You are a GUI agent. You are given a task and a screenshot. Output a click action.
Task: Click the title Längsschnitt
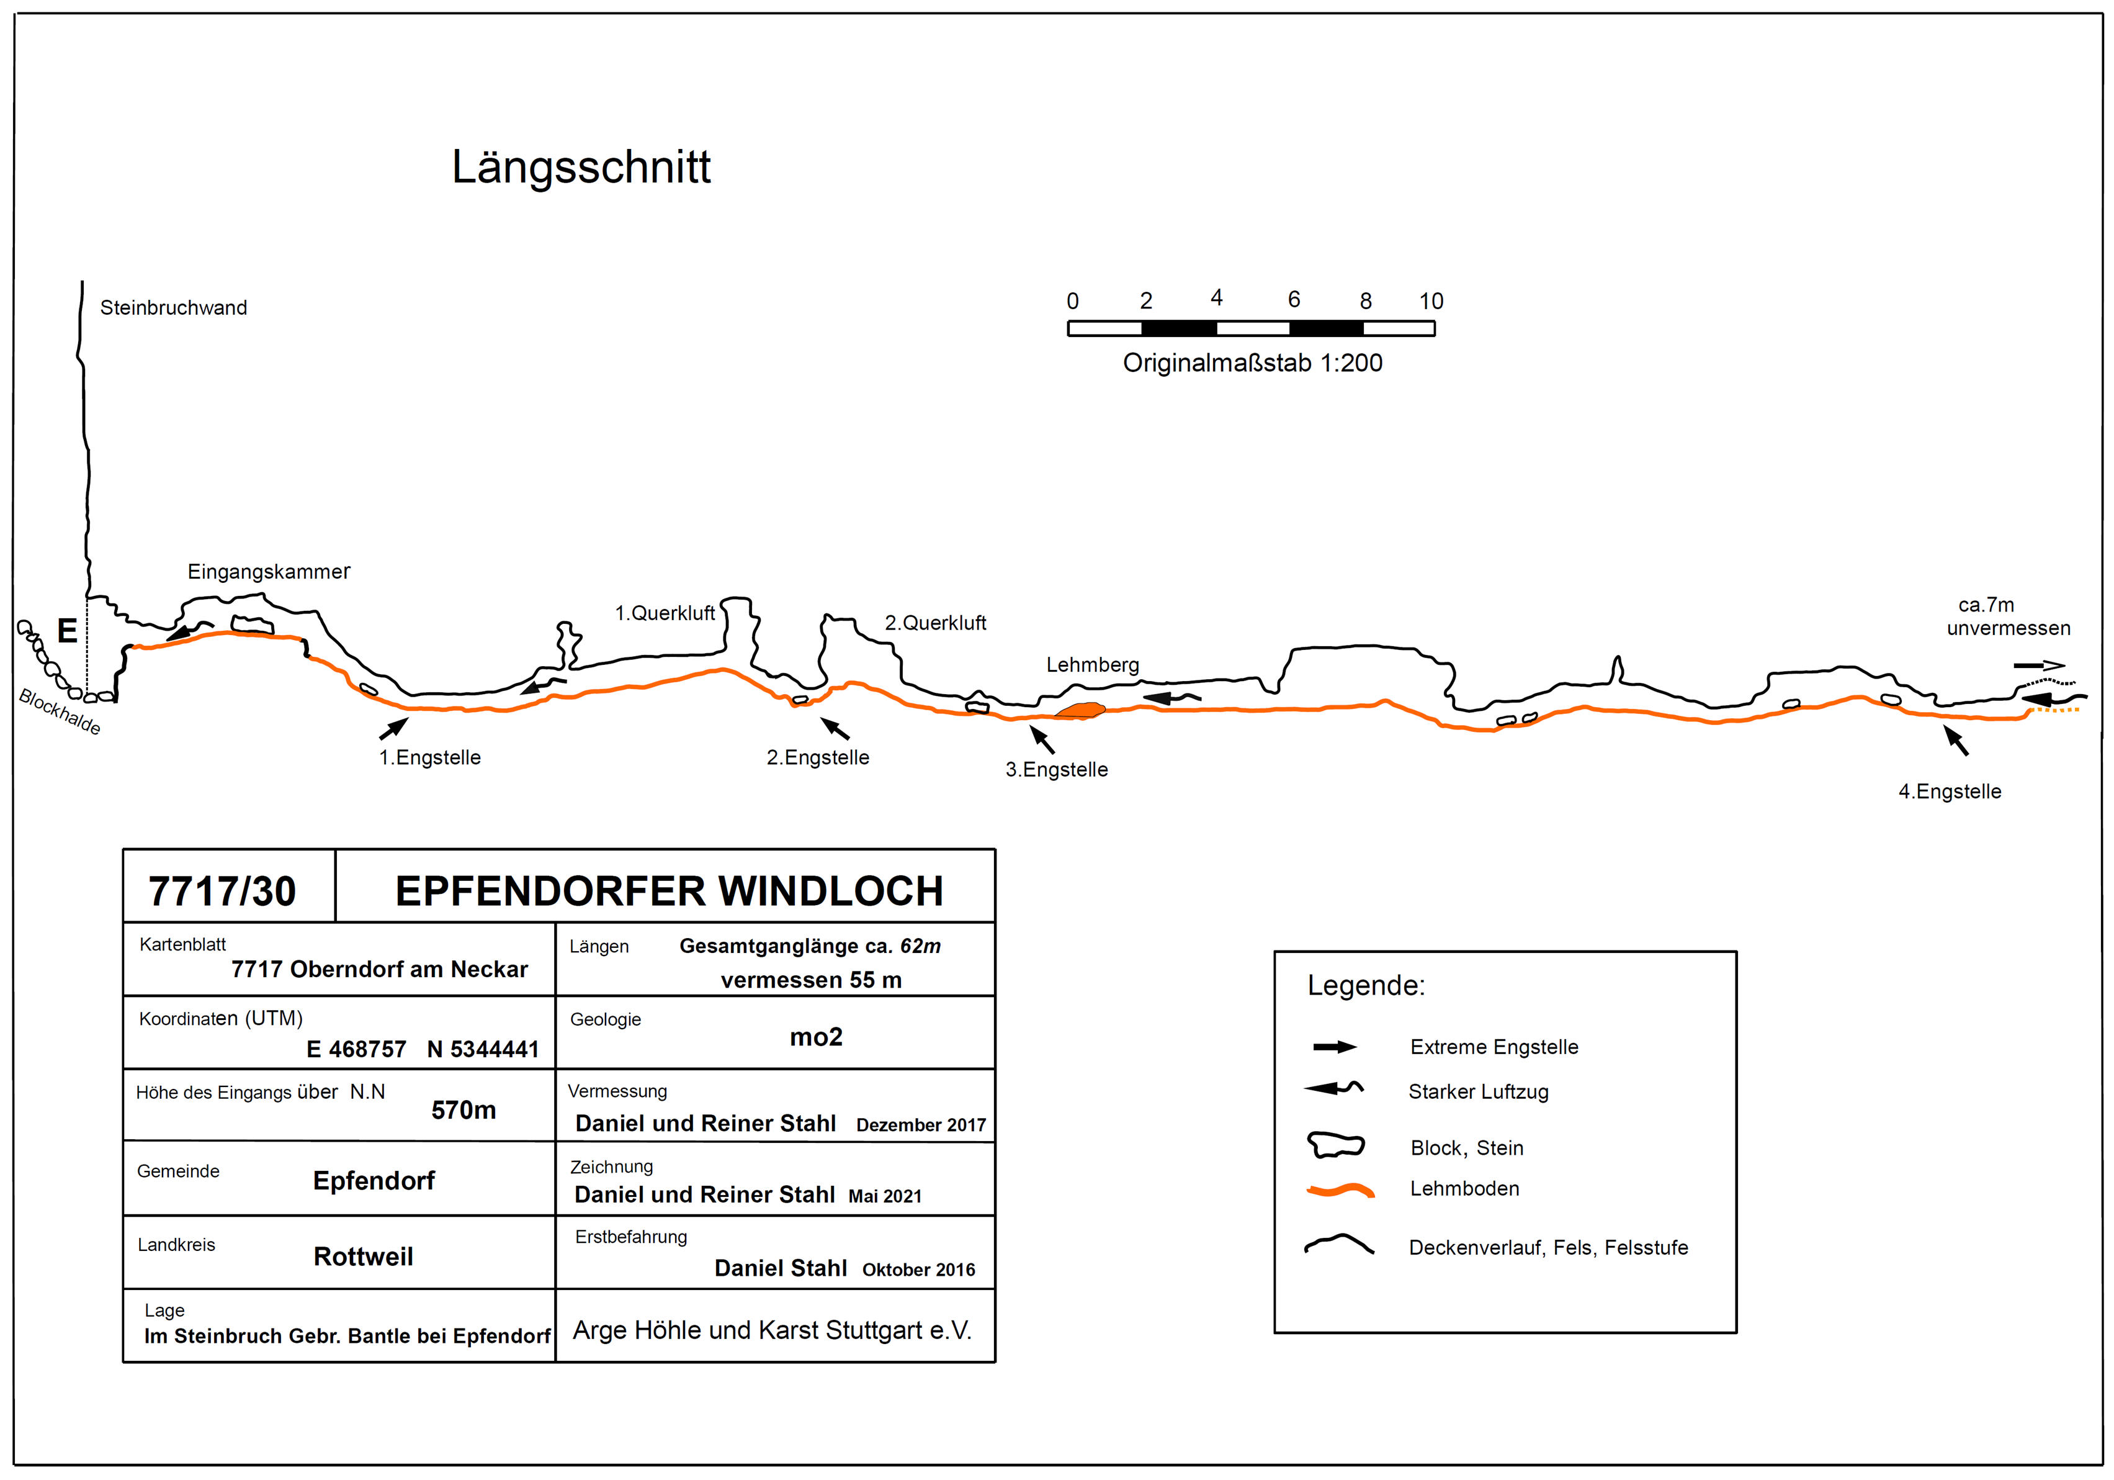click(581, 168)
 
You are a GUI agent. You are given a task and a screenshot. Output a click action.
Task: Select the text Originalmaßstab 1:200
click(1252, 363)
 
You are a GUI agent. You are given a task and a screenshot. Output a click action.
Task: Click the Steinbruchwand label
click(173, 307)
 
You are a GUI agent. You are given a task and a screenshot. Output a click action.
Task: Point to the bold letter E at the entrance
click(67, 631)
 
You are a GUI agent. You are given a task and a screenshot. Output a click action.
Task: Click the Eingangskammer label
click(269, 572)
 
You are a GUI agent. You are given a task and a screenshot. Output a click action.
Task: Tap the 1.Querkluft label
click(665, 613)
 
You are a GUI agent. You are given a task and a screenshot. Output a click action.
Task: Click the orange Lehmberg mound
click(1080, 710)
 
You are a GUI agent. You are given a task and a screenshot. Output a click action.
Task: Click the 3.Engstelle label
click(1056, 770)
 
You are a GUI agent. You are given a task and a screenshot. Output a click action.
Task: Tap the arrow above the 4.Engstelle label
click(1956, 741)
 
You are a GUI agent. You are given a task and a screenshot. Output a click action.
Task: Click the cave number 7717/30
click(222, 891)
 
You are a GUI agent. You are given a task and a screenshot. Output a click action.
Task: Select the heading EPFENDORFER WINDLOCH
click(670, 891)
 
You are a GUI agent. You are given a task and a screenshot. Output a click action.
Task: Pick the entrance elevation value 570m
click(463, 1111)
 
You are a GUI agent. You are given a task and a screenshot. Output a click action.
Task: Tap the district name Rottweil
click(363, 1257)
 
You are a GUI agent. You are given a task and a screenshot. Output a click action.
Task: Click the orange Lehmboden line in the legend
click(1341, 1191)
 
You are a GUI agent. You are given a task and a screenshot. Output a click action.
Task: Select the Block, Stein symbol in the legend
click(1335, 1145)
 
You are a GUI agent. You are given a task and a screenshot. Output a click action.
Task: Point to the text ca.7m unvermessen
click(2007, 617)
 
